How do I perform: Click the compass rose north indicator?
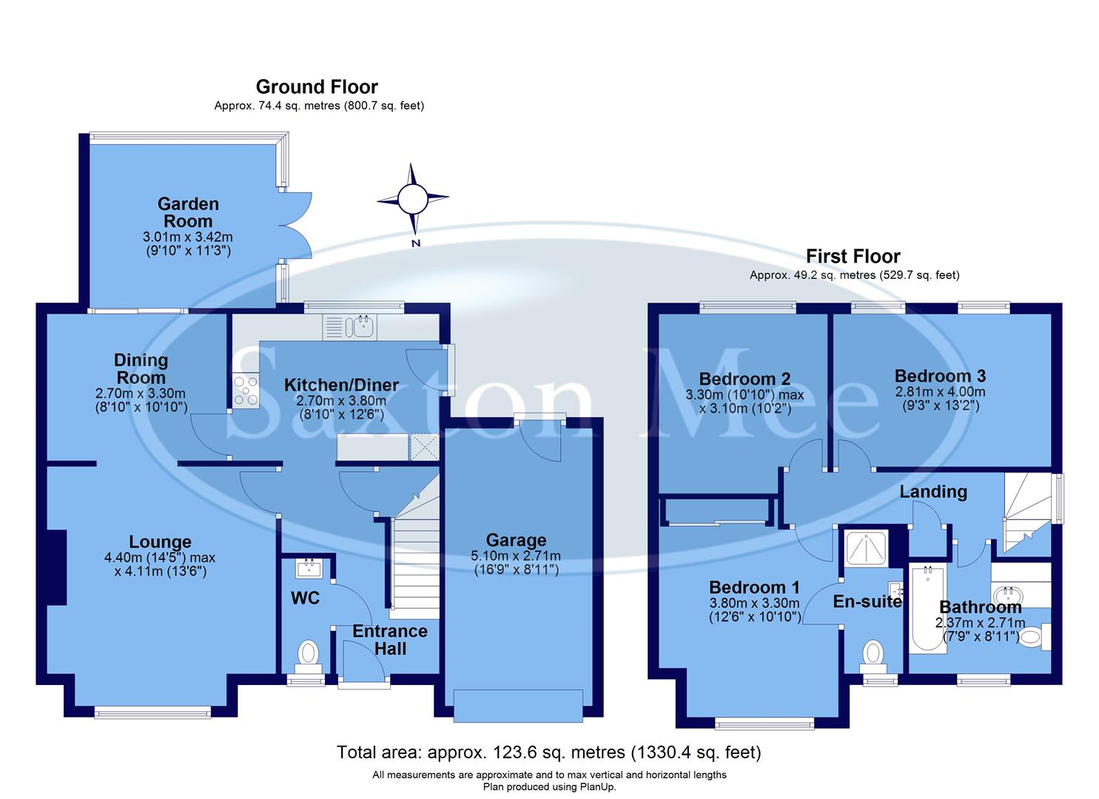[413, 199]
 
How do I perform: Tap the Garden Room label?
[188, 212]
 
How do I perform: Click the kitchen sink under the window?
[362, 326]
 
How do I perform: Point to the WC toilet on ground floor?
[308, 654]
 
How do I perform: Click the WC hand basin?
[307, 568]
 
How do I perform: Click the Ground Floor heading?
[317, 87]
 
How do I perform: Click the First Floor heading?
[853, 257]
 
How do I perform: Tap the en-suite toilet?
[874, 654]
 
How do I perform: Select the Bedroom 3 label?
[940, 376]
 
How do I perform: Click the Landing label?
[932, 492]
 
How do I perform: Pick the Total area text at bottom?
[548, 752]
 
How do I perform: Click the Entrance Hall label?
[389, 640]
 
